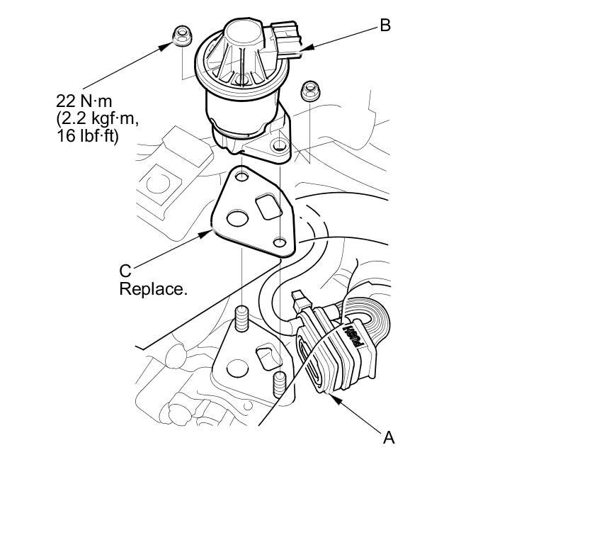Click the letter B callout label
point(385,26)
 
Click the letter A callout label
point(388,437)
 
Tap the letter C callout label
point(125,271)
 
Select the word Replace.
point(153,289)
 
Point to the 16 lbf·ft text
point(87,136)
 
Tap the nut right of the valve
point(309,90)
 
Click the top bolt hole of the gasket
point(243,176)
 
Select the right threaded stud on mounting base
point(279,383)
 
